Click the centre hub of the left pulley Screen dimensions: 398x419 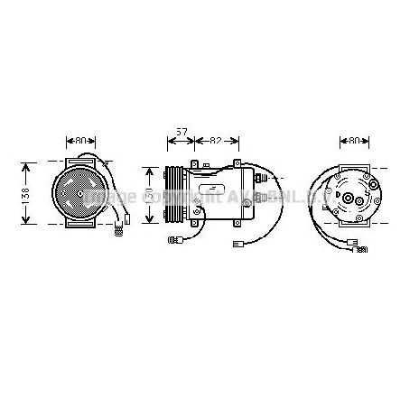[79, 194]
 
